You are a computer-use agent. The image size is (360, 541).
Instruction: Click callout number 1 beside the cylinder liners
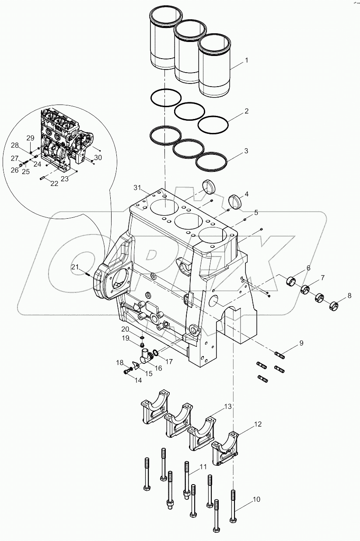246,60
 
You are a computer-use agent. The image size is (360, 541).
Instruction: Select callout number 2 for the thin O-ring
246,111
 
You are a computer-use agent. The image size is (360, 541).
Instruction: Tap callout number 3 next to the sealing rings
246,151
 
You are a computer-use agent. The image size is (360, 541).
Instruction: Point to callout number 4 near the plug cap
247,194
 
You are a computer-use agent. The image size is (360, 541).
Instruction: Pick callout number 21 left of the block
75,267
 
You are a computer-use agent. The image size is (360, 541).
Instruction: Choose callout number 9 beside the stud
301,343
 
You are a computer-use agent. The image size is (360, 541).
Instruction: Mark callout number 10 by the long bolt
256,499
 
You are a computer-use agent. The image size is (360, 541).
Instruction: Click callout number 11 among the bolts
203,467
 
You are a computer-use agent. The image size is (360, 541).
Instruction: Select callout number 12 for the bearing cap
258,424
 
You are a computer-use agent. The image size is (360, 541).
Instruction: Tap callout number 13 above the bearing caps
227,407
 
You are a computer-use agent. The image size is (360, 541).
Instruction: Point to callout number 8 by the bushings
349,296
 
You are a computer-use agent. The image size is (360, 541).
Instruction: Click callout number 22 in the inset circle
54,184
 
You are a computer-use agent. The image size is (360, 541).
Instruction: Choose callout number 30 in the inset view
98,157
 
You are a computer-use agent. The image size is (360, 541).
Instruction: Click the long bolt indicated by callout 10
233,506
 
